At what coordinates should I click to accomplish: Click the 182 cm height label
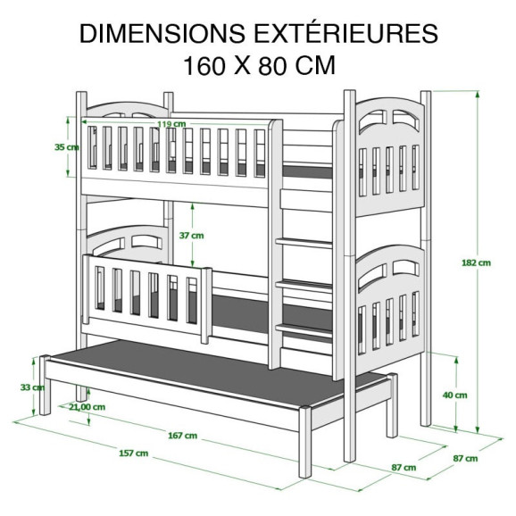[x=476, y=262]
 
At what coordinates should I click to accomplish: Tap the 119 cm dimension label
[x=171, y=124]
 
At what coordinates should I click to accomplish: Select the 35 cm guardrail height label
[x=67, y=147]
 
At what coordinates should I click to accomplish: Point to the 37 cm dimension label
[x=191, y=236]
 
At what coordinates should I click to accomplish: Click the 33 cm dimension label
[x=32, y=387]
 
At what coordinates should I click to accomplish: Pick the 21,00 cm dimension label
[x=87, y=407]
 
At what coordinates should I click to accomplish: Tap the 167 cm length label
[x=183, y=436]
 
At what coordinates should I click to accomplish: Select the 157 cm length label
[x=133, y=454]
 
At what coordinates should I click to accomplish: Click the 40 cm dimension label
[x=454, y=395]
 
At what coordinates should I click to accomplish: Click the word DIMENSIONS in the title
[x=162, y=34]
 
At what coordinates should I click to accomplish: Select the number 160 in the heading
[x=204, y=66]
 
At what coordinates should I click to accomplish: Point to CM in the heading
[x=315, y=66]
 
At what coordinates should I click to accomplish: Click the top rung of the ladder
[x=304, y=244]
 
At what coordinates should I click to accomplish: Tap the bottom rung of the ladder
[x=304, y=329]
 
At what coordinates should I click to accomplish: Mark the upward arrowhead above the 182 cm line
[x=478, y=95]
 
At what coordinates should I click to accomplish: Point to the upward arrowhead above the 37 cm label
[x=193, y=207]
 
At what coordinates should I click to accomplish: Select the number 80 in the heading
[x=271, y=66]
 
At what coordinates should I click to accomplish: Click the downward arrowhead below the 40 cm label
[x=456, y=429]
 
